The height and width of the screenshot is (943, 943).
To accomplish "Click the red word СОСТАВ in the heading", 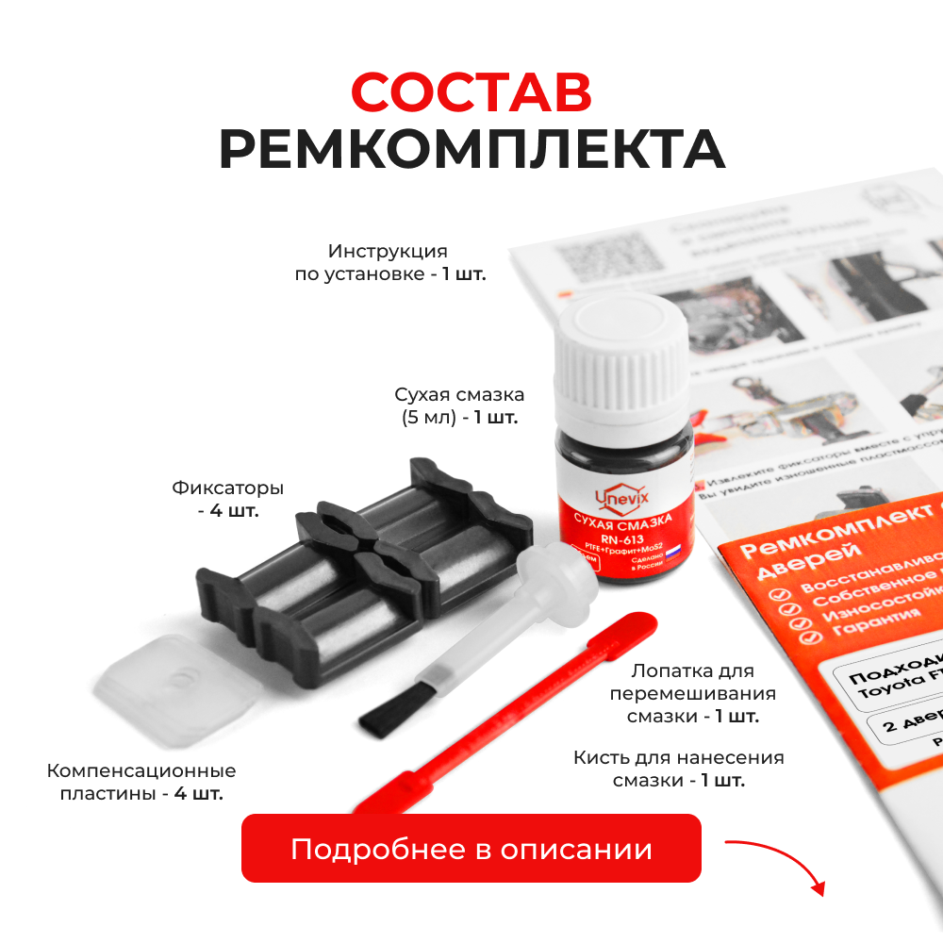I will point(471,91).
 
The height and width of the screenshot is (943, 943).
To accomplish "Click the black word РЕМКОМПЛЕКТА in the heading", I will point(471,149).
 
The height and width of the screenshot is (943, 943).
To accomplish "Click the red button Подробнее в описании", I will point(471,849).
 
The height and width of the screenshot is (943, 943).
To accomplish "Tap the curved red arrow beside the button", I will point(778,863).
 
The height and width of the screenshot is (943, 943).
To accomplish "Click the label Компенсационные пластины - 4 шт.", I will point(141,782).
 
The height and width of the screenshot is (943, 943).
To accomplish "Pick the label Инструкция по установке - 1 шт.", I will point(389,264).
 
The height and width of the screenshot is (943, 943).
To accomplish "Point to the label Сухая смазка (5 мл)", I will point(459,405).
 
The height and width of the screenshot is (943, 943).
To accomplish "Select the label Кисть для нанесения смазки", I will point(679,769).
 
